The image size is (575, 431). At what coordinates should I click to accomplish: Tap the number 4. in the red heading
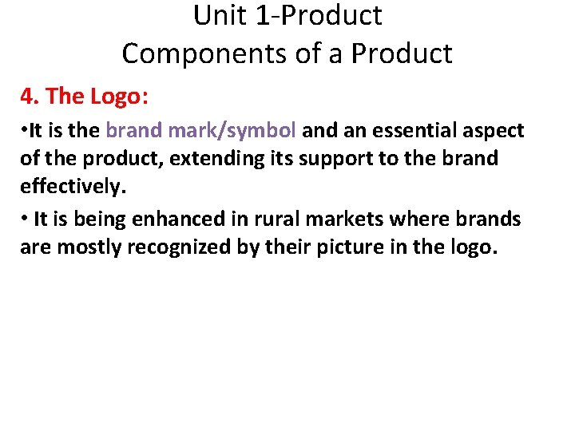(30, 97)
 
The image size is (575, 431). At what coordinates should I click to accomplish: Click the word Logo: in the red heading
(119, 97)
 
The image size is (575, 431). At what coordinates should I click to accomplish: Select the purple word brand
(133, 131)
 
